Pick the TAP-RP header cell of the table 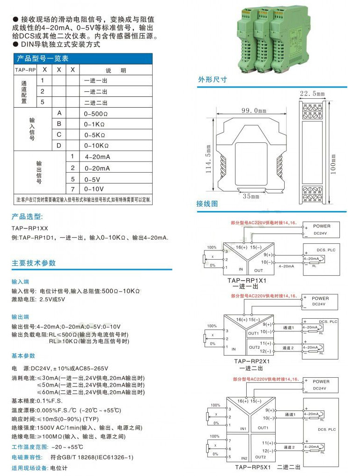pos(25,70)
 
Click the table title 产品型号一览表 pos(43,59)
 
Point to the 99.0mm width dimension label pos(253,110)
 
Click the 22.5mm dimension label pos(312,94)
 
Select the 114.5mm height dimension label pos(209,158)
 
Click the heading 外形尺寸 pos(213,80)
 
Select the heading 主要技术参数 pos(34,263)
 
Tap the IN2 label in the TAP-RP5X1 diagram pos(243,458)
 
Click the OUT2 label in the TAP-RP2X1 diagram pos(254,347)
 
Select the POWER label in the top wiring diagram pos(322,226)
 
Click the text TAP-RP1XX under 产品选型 pos(30,228)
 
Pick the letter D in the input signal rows pos(59,145)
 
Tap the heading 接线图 pos(207,204)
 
